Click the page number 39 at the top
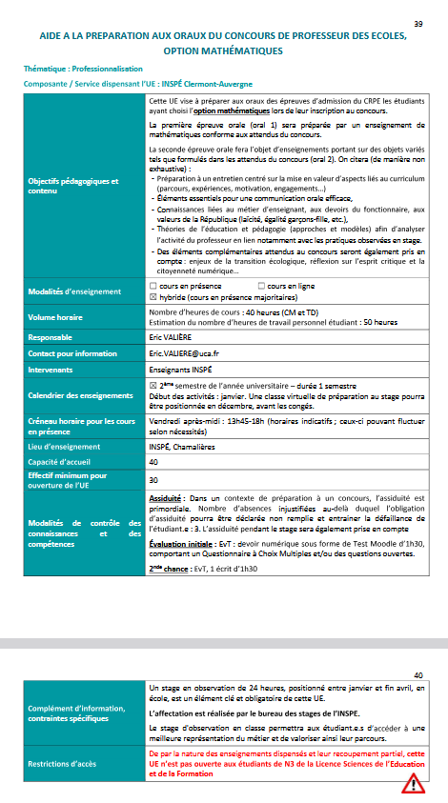(x=419, y=23)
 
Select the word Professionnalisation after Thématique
(x=111, y=70)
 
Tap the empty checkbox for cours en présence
(x=154, y=285)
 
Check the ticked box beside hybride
(x=154, y=295)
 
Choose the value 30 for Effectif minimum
(x=154, y=479)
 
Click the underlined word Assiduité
(x=169, y=499)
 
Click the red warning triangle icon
(x=414, y=783)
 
